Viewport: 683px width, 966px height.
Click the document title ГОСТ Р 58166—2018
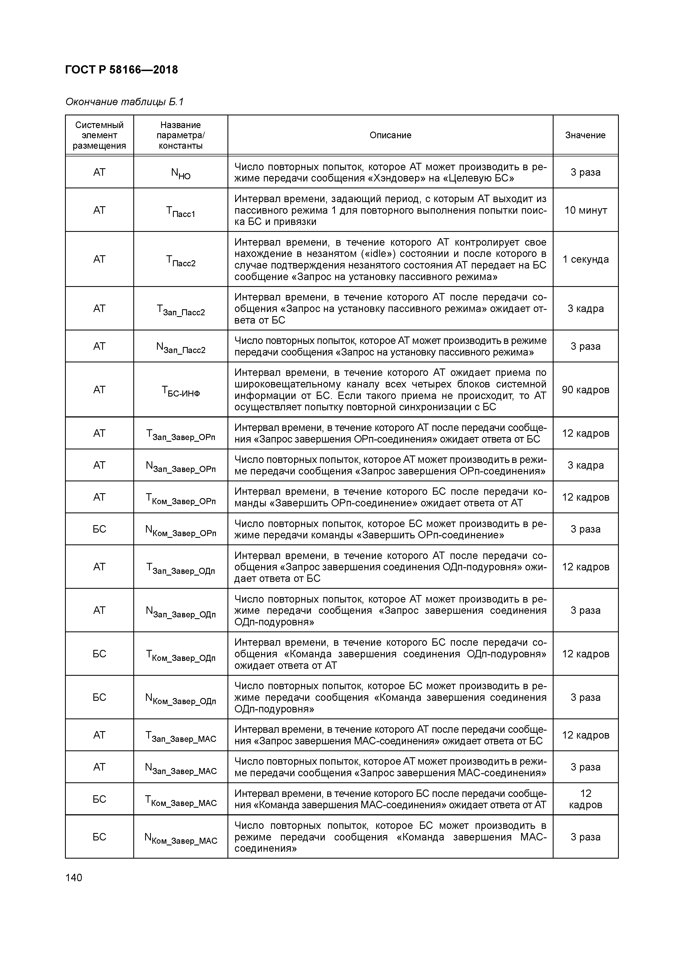pyautogui.click(x=122, y=70)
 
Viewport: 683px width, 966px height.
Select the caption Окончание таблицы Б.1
pyautogui.click(x=124, y=102)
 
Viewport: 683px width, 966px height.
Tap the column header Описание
pyautogui.click(x=390, y=135)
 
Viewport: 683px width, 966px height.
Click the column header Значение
pyautogui.click(x=585, y=135)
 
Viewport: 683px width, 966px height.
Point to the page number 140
pyautogui.click(x=74, y=878)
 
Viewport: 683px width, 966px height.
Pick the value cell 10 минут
pyautogui.click(x=585, y=210)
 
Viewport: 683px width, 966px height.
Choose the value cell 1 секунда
pyautogui.click(x=585, y=259)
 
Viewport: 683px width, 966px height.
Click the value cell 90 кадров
pyautogui.click(x=585, y=390)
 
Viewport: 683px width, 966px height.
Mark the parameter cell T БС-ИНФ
pyautogui.click(x=181, y=391)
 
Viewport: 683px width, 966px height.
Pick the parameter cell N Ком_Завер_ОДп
pyautogui.click(x=181, y=699)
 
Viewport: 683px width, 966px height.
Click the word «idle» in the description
pyautogui.click(x=382, y=254)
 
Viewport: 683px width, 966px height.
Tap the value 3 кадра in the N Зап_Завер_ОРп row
pyautogui.click(x=585, y=465)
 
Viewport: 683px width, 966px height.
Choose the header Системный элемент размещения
pyautogui.click(x=99, y=135)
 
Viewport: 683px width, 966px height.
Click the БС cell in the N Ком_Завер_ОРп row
pyautogui.click(x=99, y=529)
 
